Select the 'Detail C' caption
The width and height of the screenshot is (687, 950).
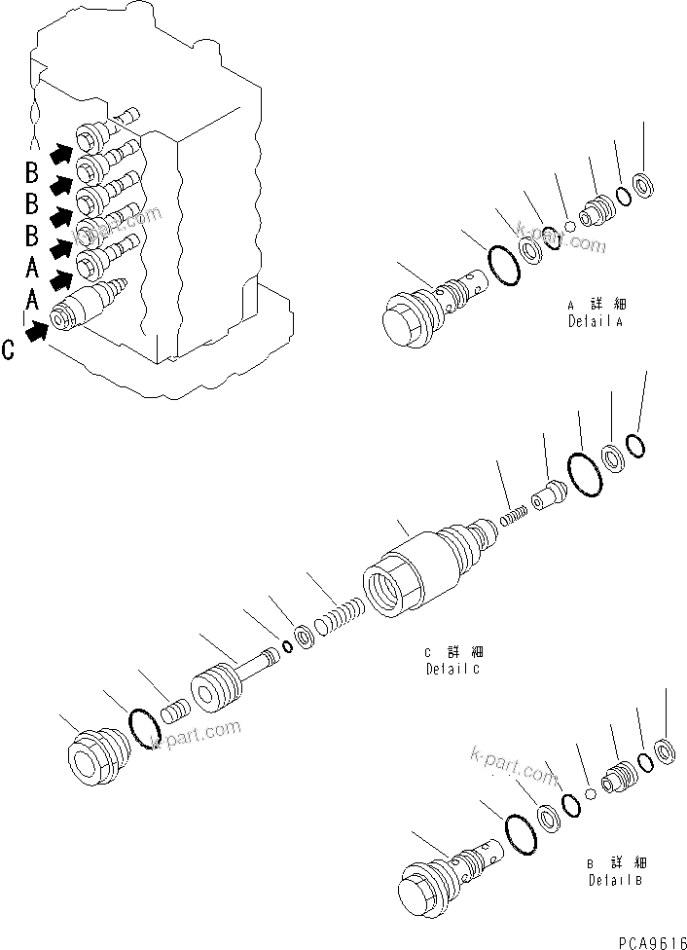tap(453, 661)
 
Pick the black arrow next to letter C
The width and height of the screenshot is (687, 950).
tap(38, 333)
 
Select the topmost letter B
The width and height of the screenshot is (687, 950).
tap(31, 174)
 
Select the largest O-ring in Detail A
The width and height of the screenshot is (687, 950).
tap(501, 264)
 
